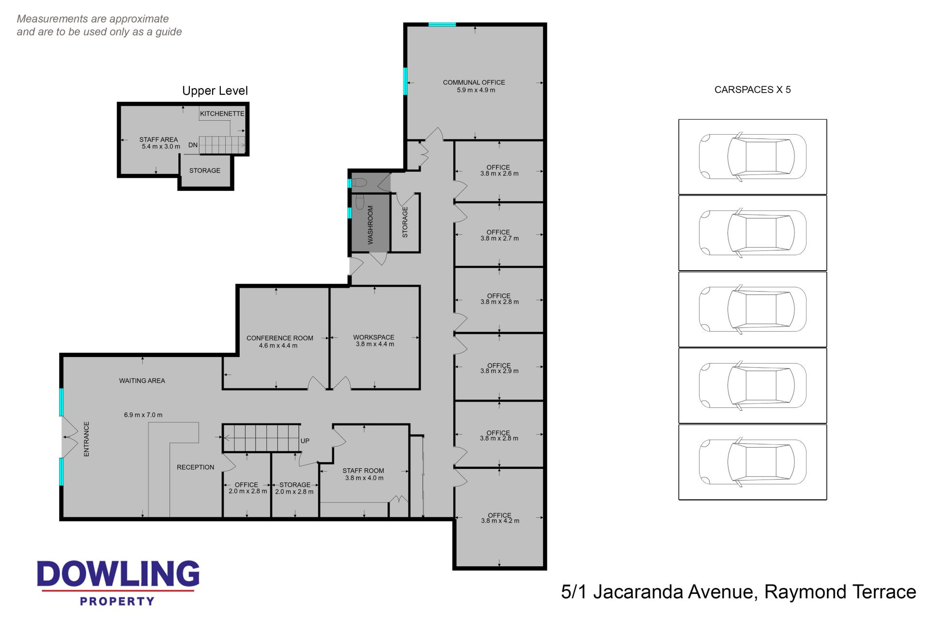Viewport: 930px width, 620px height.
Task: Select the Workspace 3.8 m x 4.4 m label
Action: pyautogui.click(x=374, y=341)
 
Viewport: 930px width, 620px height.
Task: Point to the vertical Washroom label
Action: pyautogui.click(x=371, y=225)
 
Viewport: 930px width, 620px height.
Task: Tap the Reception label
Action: pyautogui.click(x=195, y=467)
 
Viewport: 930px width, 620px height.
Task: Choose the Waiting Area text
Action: pyautogui.click(x=142, y=381)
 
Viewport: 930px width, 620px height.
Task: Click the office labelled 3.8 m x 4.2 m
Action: pyautogui.click(x=500, y=518)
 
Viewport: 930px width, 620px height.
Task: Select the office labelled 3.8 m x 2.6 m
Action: pyautogui.click(x=499, y=170)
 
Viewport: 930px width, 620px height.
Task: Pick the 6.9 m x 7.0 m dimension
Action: pyautogui.click(x=143, y=415)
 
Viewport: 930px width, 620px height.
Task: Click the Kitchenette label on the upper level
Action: pyautogui.click(x=222, y=114)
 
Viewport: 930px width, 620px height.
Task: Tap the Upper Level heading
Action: pyautogui.click(x=215, y=91)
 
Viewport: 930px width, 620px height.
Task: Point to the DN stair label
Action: pyautogui.click(x=193, y=145)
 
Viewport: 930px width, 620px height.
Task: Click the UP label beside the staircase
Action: pyautogui.click(x=305, y=441)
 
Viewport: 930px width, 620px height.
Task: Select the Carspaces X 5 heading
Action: pyautogui.click(x=752, y=90)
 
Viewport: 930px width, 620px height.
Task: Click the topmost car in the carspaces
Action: pyautogui.click(x=753, y=157)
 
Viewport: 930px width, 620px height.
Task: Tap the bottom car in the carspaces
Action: pyautogui.click(x=753, y=462)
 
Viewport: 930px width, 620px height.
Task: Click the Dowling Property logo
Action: pyautogui.click(x=118, y=583)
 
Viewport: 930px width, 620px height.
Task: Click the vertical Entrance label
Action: pyautogui.click(x=86, y=439)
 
